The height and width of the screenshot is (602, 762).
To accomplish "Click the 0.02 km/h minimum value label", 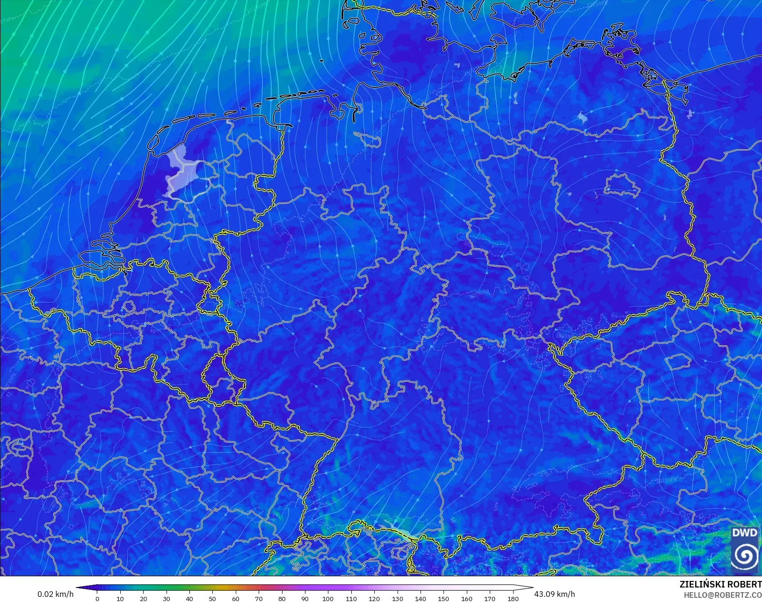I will click(x=55, y=594).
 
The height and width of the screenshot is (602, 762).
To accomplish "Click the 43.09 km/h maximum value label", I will click(x=554, y=594).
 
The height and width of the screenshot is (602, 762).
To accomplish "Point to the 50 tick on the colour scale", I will click(x=213, y=598).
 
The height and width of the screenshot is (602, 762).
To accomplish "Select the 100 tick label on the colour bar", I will click(x=328, y=598).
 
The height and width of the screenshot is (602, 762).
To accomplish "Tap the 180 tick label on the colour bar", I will click(x=513, y=598).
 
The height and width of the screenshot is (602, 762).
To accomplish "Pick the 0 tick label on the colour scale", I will click(x=97, y=598).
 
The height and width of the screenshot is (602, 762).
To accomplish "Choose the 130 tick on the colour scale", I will click(x=397, y=598).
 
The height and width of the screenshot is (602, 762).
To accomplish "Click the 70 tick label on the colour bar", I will click(x=259, y=598).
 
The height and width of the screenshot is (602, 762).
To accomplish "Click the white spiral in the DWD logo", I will click(x=744, y=556).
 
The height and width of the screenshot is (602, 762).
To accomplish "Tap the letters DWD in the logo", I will click(x=744, y=533).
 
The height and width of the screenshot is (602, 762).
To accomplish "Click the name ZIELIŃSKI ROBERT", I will click(x=720, y=584).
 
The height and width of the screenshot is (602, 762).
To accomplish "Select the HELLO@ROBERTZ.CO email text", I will click(x=722, y=595).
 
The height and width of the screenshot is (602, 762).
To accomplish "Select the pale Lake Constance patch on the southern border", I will click(x=395, y=528).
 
